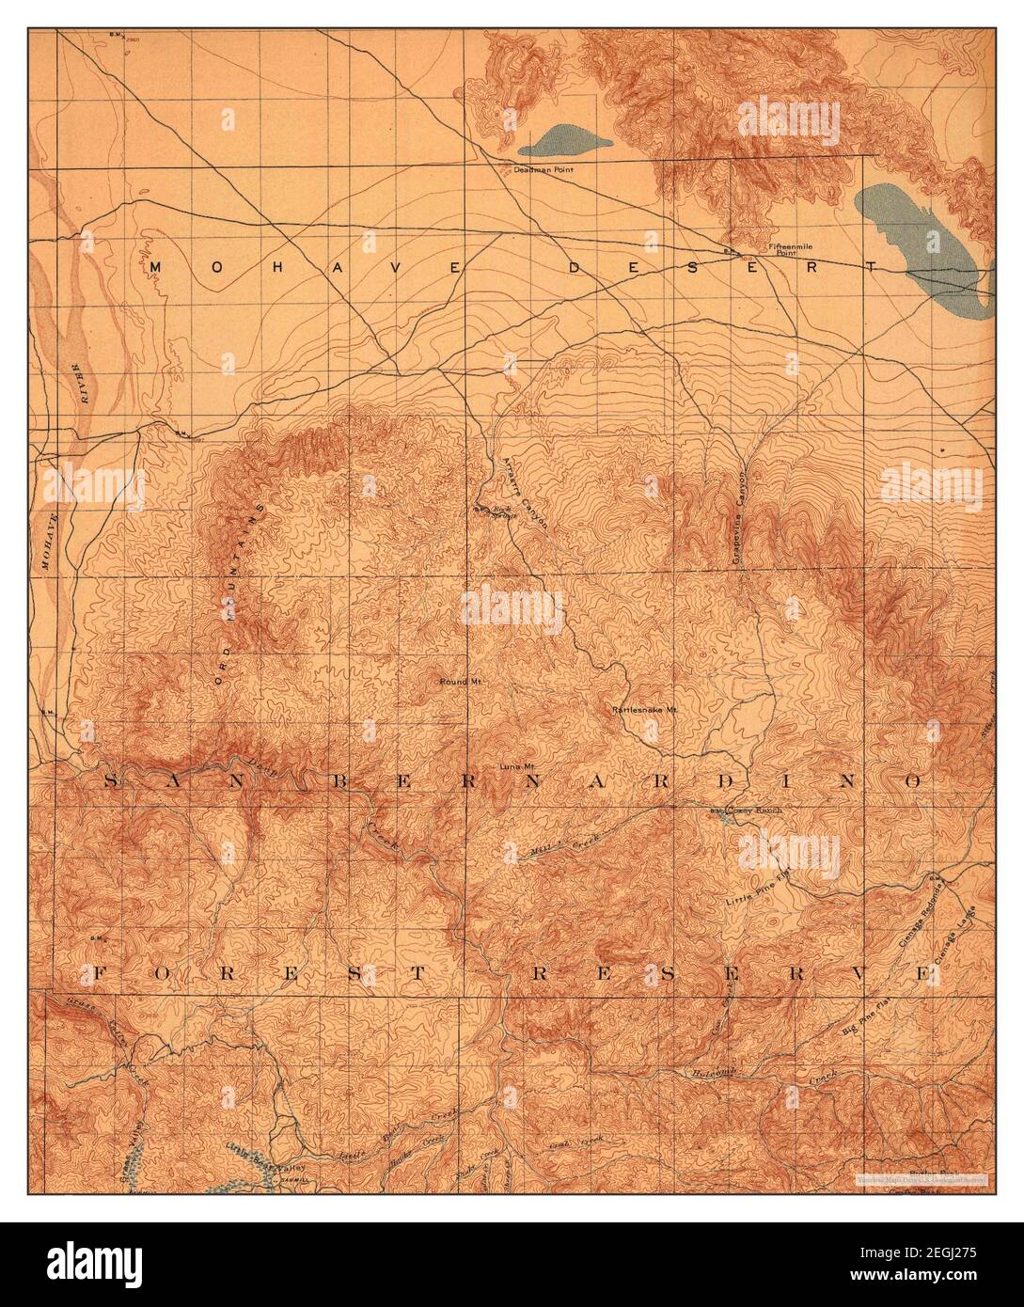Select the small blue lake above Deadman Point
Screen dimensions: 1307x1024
(564, 142)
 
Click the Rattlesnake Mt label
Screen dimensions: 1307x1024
(644, 710)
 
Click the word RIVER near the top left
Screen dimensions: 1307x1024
(82, 385)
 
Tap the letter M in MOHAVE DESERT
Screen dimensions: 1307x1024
(156, 268)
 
